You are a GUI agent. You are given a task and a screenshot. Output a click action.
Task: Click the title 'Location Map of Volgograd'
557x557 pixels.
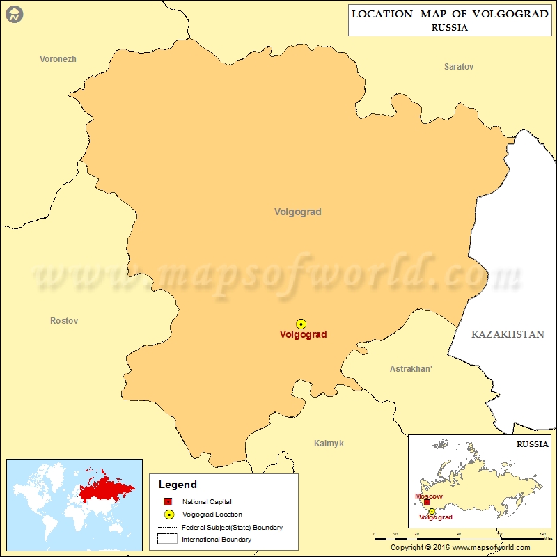[450, 14]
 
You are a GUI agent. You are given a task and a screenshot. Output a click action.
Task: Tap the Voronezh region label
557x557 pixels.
[58, 59]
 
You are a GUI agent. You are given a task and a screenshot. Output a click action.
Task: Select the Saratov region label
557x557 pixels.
[459, 67]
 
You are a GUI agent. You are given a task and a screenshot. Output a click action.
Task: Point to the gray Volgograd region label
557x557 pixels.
[298, 212]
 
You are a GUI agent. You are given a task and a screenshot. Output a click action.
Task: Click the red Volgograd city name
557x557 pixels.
[303, 335]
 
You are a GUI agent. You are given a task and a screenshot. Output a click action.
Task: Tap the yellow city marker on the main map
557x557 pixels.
[301, 324]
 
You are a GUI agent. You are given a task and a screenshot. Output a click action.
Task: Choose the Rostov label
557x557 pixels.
[64, 321]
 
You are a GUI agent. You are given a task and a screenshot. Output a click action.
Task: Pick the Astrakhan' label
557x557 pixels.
[411, 369]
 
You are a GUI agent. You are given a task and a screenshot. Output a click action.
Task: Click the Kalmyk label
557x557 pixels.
[329, 444]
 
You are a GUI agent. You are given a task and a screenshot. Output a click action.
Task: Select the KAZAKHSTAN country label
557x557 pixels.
[508, 335]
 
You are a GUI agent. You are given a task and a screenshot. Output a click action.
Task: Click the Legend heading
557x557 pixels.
[178, 485]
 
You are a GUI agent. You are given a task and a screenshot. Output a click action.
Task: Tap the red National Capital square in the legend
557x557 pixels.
[168, 502]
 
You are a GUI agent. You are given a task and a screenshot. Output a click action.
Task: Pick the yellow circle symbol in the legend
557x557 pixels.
[168, 515]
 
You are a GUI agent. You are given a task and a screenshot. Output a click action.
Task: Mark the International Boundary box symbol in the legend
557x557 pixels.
[168, 539]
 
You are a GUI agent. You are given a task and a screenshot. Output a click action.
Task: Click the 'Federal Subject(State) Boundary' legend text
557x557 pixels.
[233, 528]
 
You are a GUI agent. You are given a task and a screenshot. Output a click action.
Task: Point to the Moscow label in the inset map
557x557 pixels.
[428, 496]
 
